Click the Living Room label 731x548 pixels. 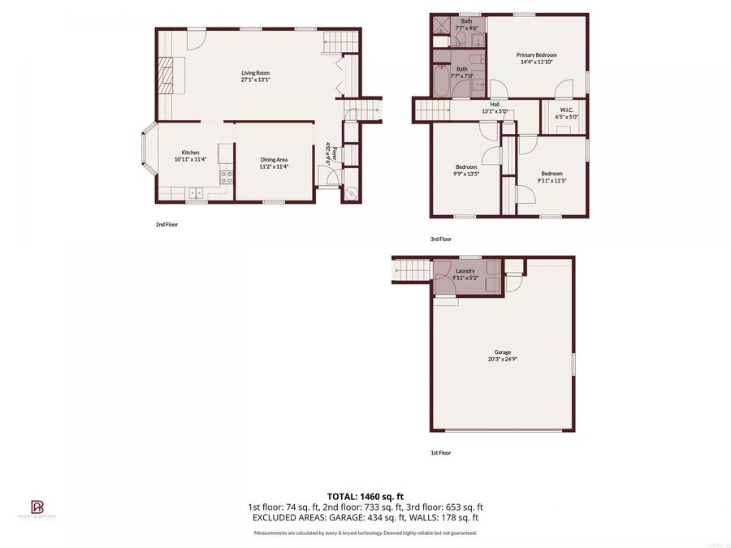(x=254, y=72)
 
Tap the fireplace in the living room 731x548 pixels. (x=166, y=76)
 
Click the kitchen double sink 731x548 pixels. (x=195, y=192)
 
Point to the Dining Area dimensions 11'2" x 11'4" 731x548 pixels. (x=274, y=167)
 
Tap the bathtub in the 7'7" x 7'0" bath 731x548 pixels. (x=441, y=84)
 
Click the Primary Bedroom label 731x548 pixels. (x=537, y=55)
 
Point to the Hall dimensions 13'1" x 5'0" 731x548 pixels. (x=494, y=111)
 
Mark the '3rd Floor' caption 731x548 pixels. (x=440, y=239)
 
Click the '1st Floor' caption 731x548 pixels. (x=440, y=453)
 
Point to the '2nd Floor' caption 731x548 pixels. (x=167, y=225)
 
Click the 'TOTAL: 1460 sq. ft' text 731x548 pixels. (x=365, y=495)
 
